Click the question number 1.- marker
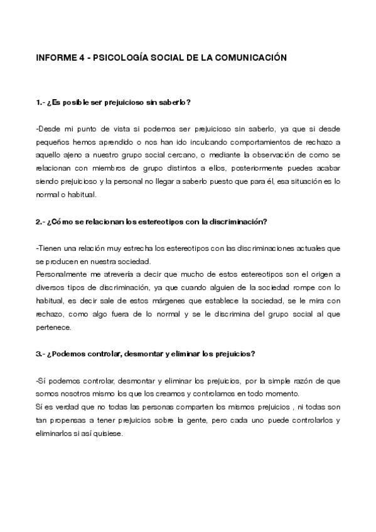coord(41,102)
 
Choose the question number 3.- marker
coord(41,353)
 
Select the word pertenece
coord(55,327)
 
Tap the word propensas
coord(69,420)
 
